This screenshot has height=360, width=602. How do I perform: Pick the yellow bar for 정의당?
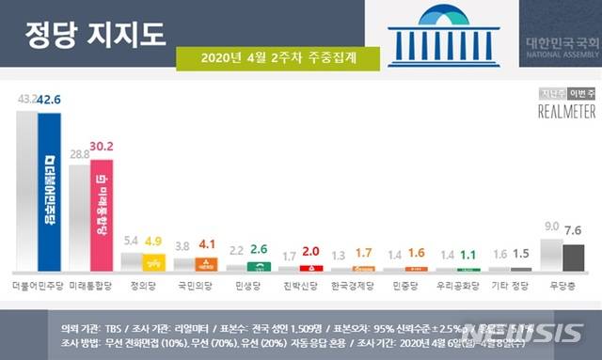pos(154,263)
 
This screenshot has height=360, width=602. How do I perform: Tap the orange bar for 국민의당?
pos(206,264)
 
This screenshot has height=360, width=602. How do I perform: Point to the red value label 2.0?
pos(310,252)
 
